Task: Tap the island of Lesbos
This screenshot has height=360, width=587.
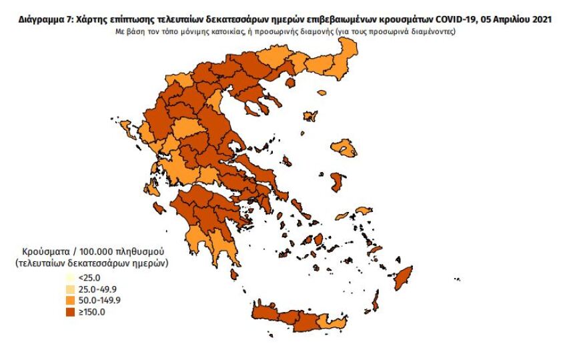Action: point(346,147)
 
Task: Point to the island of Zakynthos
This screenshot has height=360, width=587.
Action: point(159,209)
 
